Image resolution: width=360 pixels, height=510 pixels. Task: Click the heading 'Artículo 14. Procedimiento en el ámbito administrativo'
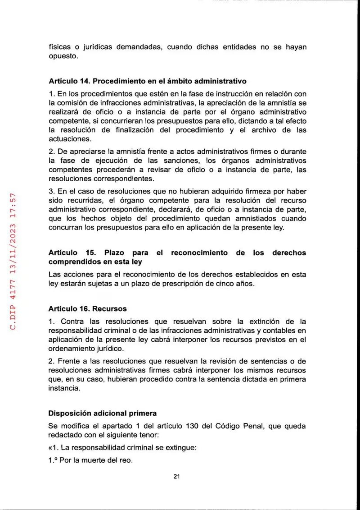coord(147,82)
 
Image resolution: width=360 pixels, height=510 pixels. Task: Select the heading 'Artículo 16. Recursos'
coord(87,309)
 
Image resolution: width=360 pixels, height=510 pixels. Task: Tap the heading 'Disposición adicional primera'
coord(103,413)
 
